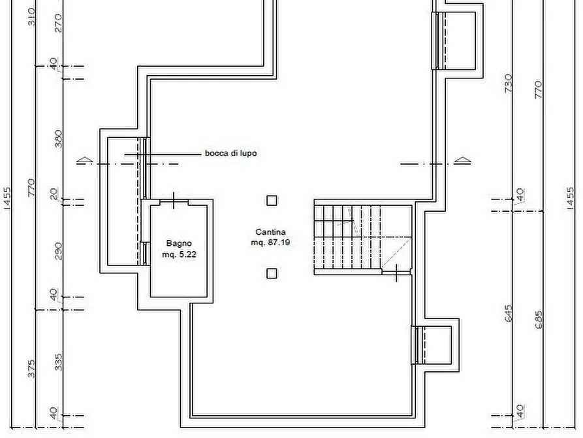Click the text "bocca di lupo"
(230, 154)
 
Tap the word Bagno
(178, 244)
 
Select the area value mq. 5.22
(179, 254)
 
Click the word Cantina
(270, 232)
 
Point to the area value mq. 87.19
(271, 243)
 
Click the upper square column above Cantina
(272, 201)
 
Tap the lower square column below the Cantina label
(272, 274)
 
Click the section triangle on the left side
(83, 160)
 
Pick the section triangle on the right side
(462, 160)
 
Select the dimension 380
(58, 139)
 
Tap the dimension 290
(58, 250)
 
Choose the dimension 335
(58, 362)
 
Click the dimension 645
(509, 315)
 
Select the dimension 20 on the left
(55, 195)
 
